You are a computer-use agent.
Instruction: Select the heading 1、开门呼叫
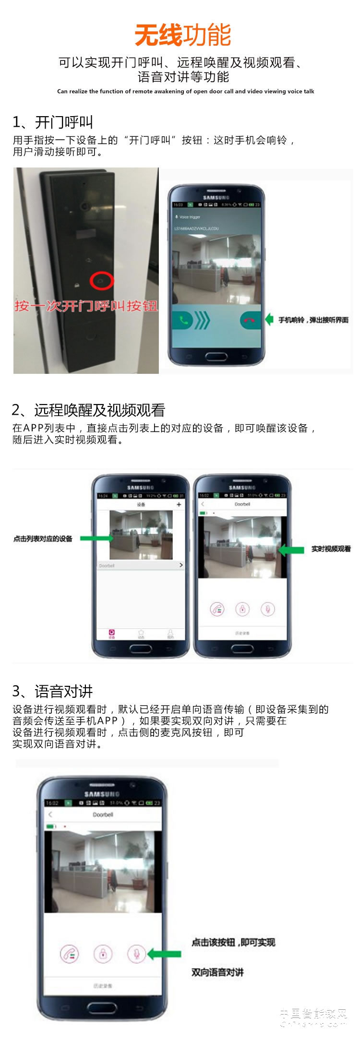(x=53, y=122)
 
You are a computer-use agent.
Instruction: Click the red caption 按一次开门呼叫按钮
(x=85, y=306)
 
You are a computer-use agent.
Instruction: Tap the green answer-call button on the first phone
(x=183, y=320)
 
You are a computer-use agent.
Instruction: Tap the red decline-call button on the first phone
(x=250, y=320)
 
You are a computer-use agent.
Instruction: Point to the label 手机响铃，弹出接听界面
(x=313, y=320)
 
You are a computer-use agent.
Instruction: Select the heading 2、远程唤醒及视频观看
(x=88, y=410)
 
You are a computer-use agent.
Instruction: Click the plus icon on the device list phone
(x=179, y=504)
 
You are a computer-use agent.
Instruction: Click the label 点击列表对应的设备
(x=43, y=539)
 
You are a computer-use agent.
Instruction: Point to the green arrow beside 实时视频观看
(x=291, y=550)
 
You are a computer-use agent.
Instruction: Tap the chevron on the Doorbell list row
(x=180, y=565)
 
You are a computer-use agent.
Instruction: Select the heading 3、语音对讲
(x=52, y=692)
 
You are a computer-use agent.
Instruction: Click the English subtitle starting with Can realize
(x=185, y=91)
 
